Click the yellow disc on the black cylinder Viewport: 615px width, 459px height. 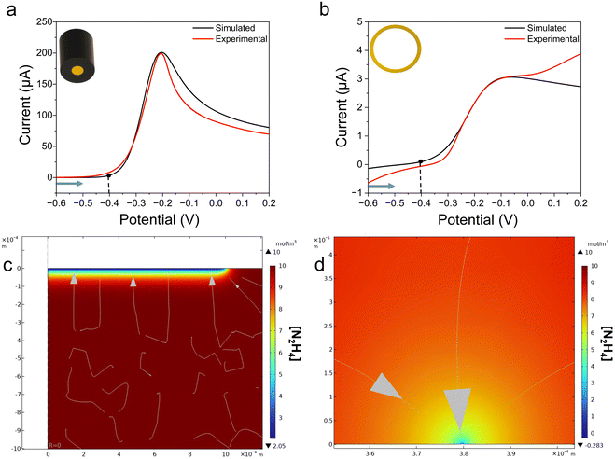click(77, 70)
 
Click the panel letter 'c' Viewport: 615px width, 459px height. click(7, 264)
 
